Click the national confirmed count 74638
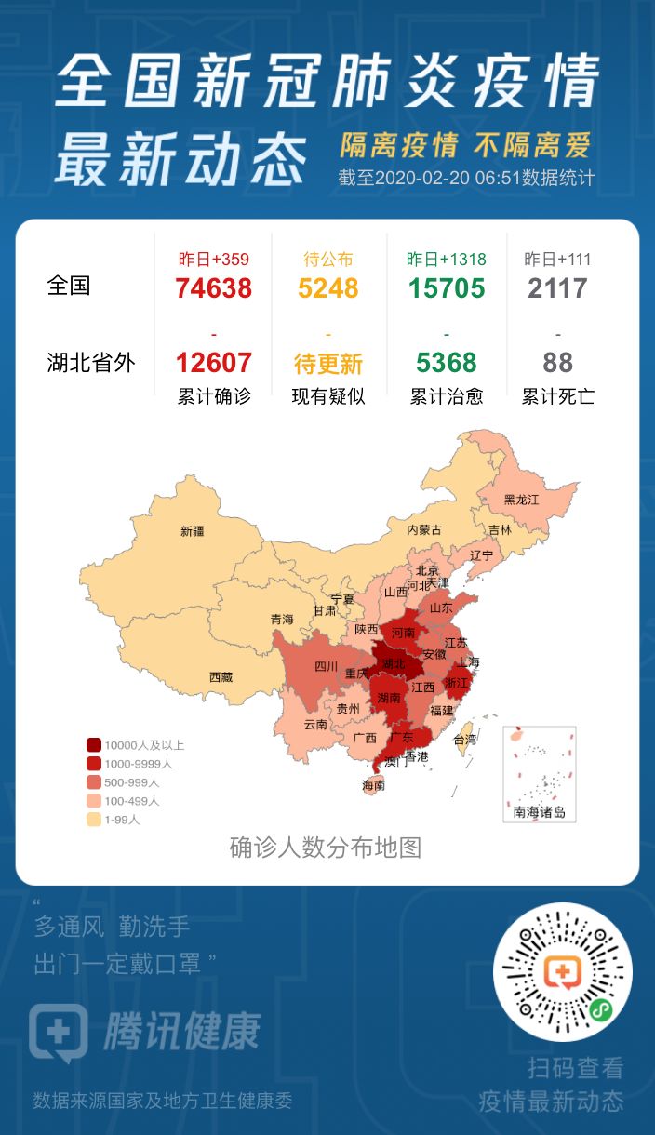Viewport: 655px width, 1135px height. pos(213,288)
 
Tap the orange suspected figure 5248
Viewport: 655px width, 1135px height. pos(328,288)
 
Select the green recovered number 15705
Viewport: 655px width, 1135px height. pos(447,288)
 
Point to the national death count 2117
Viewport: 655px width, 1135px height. pos(557,288)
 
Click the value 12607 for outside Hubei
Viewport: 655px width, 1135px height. pos(213,362)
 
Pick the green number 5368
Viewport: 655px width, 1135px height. pos(447,362)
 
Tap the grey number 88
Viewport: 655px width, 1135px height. pos(557,362)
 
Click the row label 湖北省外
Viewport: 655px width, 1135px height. pos(91,362)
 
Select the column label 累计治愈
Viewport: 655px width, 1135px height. pos(447,396)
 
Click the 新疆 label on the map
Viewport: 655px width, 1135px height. pos(192,531)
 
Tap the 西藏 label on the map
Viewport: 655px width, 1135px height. pos(221,677)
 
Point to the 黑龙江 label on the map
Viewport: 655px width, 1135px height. pos(521,500)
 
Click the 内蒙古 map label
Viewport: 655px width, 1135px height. pos(423,529)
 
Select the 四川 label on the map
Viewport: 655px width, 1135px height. pos(326,666)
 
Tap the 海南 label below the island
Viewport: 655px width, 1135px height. pos(373,785)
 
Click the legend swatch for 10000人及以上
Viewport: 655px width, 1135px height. pos(94,745)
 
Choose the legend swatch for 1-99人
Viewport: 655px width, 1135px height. pos(94,820)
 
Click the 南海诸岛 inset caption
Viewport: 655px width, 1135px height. pos(539,812)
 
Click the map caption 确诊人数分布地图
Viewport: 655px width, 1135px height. pos(326,848)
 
